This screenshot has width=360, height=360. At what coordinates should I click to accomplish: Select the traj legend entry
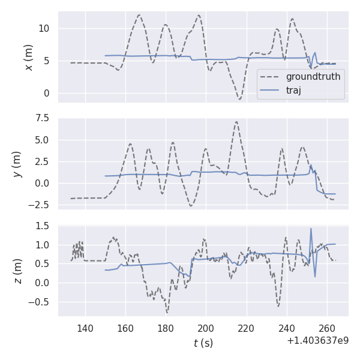point(293,91)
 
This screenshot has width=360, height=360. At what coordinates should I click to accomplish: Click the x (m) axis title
point(28,57)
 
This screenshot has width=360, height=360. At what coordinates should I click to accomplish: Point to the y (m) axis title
point(18,163)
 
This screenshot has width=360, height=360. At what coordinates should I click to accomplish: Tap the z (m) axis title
point(18,271)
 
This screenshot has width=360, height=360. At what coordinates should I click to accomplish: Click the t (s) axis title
point(203,343)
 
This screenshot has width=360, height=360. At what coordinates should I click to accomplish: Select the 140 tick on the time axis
point(85,329)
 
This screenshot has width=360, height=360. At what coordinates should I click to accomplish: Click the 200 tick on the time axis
point(206,329)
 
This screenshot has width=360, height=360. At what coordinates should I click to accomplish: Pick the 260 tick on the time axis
point(326,329)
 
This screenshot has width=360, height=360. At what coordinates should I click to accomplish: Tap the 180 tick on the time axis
point(166,329)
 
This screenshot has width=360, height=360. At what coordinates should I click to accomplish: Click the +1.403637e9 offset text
point(318,341)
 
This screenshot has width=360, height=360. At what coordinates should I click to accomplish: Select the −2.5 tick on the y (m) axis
point(40,205)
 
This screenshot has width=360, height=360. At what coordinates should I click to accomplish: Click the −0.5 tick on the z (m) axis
point(40,302)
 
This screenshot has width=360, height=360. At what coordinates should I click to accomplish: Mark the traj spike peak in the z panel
point(311,229)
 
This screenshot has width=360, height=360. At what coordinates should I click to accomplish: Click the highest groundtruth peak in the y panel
point(236,122)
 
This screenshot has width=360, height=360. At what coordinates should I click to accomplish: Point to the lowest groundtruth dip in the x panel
point(239,99)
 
